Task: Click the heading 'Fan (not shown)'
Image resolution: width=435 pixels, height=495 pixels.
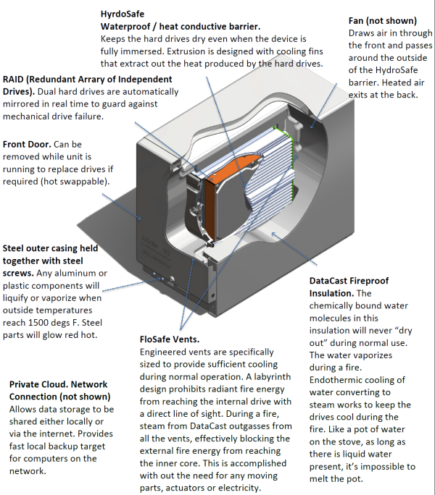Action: [381, 20]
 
